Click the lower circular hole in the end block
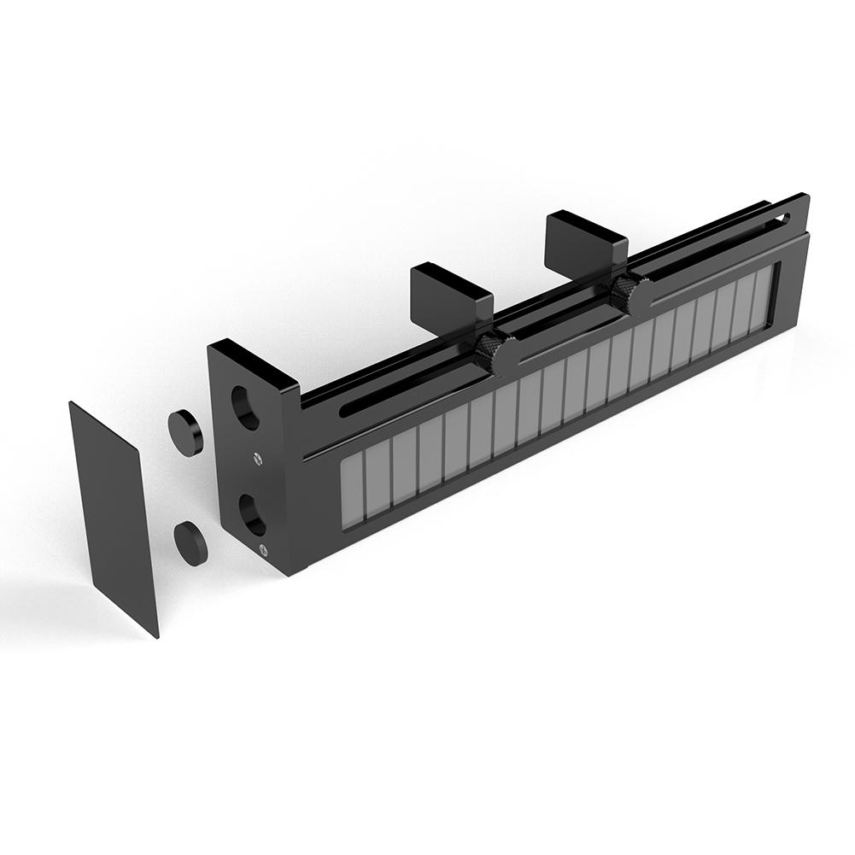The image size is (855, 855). [x=250, y=512]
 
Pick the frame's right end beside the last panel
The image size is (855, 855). [x=777, y=290]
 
